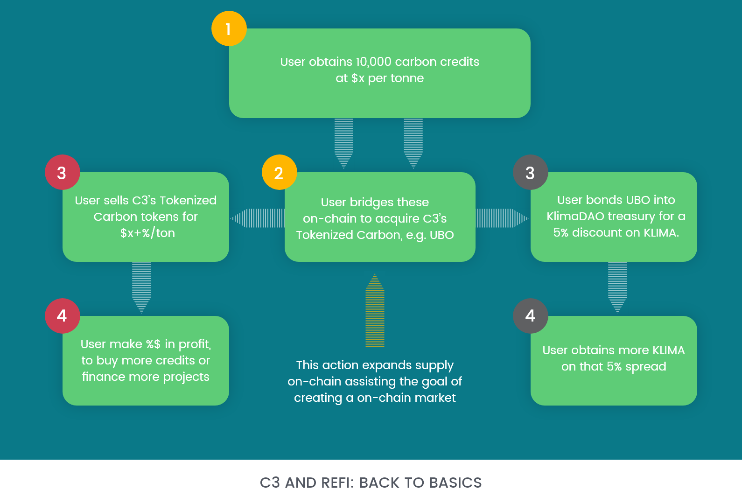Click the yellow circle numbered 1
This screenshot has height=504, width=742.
[229, 28]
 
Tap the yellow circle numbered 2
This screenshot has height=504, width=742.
[279, 173]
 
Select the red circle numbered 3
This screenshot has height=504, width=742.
[62, 173]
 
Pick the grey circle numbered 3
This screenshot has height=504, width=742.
[530, 173]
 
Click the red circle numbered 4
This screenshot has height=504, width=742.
[62, 316]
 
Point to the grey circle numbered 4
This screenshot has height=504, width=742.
[530, 316]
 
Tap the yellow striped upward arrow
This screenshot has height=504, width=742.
[375, 311]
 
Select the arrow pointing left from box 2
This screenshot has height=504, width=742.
[258, 218]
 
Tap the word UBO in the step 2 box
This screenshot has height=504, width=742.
[441, 235]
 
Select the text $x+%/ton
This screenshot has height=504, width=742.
[147, 233]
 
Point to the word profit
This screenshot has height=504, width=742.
[194, 344]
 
